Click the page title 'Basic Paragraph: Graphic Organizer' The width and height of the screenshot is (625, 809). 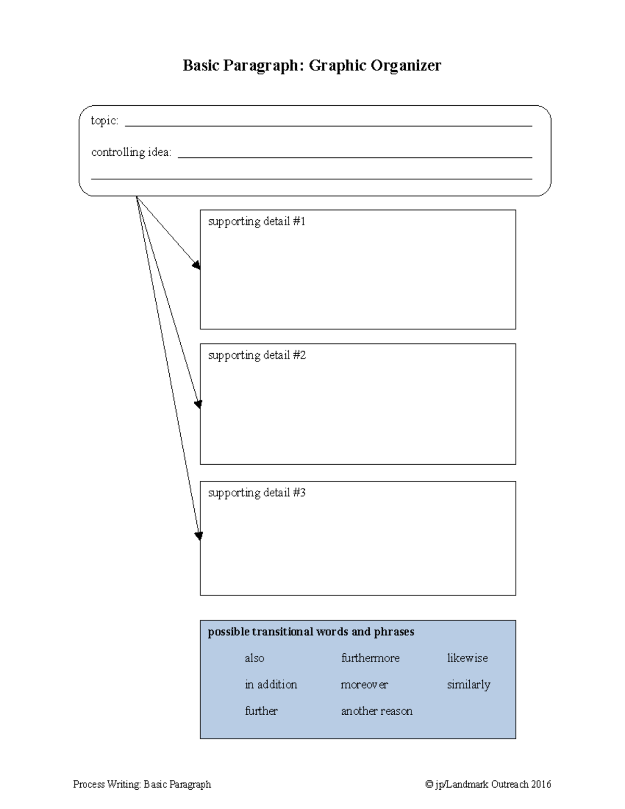tap(311, 66)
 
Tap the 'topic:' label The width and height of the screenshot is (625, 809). tap(104, 121)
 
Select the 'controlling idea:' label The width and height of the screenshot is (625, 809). tap(131, 152)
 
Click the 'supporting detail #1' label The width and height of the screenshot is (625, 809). tap(256, 221)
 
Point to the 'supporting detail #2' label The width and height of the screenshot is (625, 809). tap(257, 355)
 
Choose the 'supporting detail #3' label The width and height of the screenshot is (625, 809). tap(257, 493)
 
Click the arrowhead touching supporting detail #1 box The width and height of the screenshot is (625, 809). tap(197, 265)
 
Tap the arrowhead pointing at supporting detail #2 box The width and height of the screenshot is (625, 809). tap(198, 404)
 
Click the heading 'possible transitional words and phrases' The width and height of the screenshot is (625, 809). tap(311, 632)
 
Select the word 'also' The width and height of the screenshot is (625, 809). tap(254, 658)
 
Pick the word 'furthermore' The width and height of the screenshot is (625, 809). tap(370, 658)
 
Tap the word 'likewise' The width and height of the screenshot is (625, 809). tap(467, 658)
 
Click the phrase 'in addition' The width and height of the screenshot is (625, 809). tap(271, 684)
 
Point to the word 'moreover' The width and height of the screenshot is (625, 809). tap(364, 684)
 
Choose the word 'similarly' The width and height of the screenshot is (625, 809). tap(468, 685)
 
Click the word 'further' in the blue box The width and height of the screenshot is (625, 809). tap(261, 711)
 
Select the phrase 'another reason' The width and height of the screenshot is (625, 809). tap(377, 711)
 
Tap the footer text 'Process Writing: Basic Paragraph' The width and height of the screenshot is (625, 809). tap(142, 785)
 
